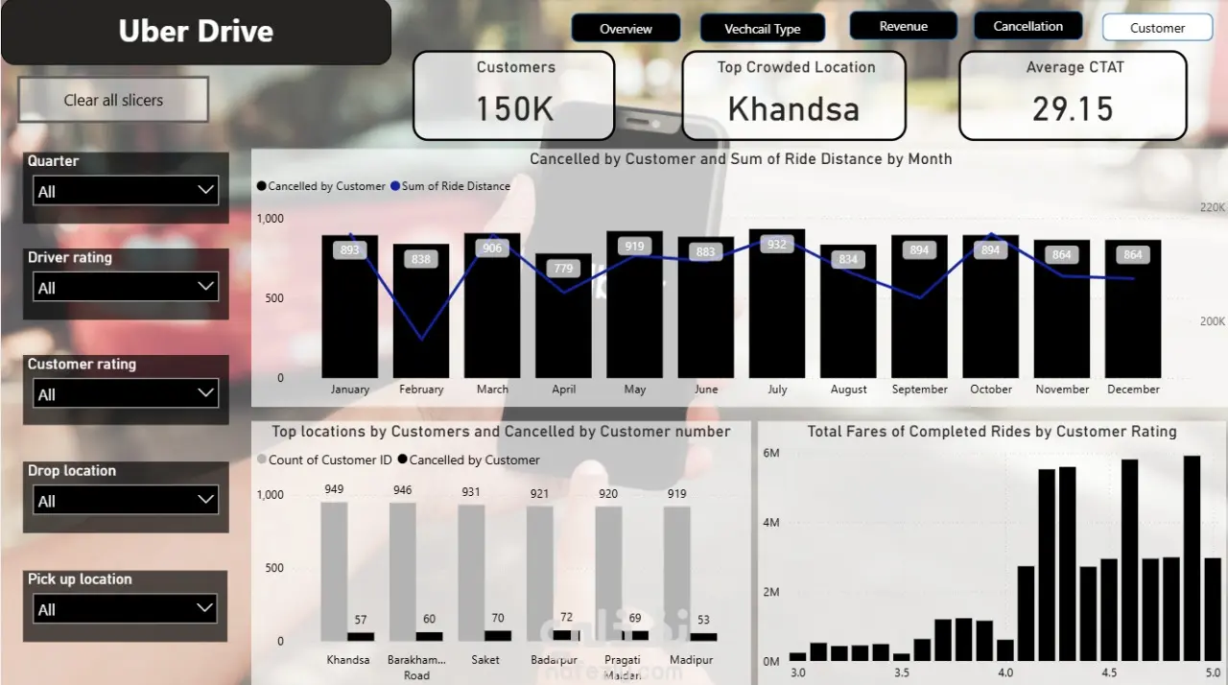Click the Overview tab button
tap(626, 29)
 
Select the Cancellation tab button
tap(1027, 27)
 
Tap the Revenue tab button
tap(903, 27)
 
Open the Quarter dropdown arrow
tap(205, 190)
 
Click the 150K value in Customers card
tap(515, 109)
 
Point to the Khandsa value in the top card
tap(793, 109)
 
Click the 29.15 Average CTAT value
tap(1073, 109)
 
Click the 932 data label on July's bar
tap(777, 245)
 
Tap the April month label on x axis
tap(564, 390)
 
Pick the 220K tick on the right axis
tap(1213, 207)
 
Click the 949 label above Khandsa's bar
tap(334, 489)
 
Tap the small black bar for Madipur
tap(703, 637)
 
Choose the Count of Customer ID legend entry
tap(330, 460)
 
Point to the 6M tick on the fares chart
tap(770, 453)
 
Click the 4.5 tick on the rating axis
tap(1110, 673)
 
